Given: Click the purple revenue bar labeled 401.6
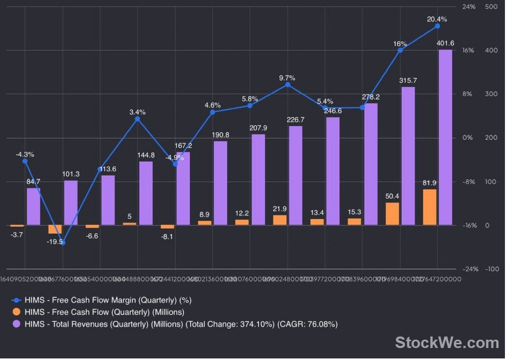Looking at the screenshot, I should click(x=445, y=137).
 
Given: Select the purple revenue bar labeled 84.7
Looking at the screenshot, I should click(x=33, y=207).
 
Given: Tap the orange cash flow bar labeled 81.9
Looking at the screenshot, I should click(x=430, y=207).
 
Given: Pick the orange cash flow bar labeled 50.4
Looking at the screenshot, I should click(x=392, y=214).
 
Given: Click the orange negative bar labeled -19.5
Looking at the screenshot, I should click(x=55, y=230).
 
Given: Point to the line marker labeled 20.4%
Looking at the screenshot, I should click(x=437, y=26).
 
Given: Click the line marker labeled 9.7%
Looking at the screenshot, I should click(x=287, y=85).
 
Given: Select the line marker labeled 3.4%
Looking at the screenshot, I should click(x=137, y=119).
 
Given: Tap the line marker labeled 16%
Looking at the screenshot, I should click(x=400, y=50).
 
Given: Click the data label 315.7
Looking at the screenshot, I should click(x=408, y=81).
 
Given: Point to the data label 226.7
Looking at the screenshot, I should click(x=295, y=120).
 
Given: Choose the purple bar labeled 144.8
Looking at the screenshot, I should click(x=146, y=193).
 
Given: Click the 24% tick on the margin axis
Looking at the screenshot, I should click(x=468, y=7).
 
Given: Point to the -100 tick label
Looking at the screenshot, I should click(x=491, y=269).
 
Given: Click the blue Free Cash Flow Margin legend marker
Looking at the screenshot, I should click(x=16, y=301).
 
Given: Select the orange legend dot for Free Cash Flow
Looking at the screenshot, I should click(x=16, y=313).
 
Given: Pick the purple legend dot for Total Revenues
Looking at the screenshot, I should click(x=16, y=325).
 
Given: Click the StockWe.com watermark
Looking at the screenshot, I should click(x=447, y=342).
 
